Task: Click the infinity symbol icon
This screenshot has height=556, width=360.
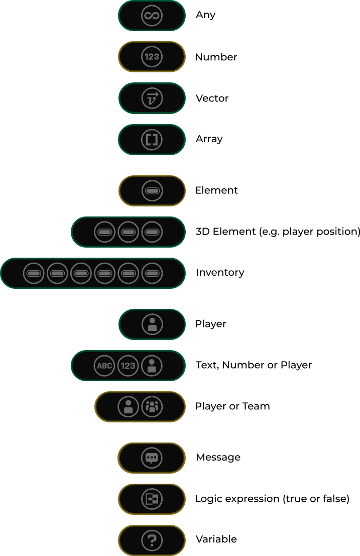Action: [152, 16]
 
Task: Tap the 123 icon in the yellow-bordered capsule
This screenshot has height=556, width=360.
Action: [152, 57]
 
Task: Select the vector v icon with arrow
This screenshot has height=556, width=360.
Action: [152, 98]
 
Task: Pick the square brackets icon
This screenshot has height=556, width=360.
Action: [152, 139]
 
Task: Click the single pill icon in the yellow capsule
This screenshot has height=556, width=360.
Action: [152, 191]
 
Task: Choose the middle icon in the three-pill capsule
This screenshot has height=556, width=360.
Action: [128, 232]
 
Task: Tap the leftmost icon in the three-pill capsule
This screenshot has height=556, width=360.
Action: [104, 232]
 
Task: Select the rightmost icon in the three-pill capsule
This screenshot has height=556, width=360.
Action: [152, 232]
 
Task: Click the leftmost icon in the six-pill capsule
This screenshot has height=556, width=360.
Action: [34, 273]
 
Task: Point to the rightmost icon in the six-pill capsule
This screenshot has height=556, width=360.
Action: [152, 273]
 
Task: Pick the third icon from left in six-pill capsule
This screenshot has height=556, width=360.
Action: [81, 273]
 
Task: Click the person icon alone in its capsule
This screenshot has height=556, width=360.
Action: [152, 324]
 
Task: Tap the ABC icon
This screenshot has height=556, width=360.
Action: [104, 366]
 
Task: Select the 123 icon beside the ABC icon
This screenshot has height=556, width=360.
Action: [128, 366]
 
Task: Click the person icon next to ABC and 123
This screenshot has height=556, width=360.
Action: [152, 366]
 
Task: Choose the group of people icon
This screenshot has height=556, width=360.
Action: [152, 407]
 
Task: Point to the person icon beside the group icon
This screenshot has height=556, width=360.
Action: [128, 407]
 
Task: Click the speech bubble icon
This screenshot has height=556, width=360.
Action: [152, 458]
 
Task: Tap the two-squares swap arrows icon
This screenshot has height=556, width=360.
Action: [152, 499]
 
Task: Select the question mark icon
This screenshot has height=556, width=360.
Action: [152, 540]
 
